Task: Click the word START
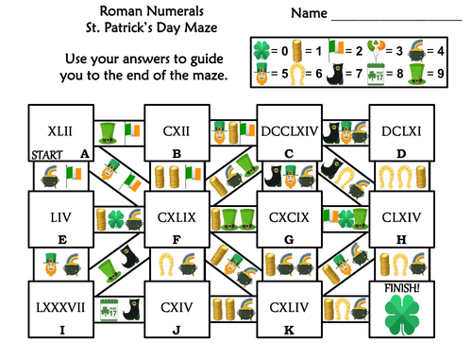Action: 46,153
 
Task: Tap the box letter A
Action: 85,152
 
